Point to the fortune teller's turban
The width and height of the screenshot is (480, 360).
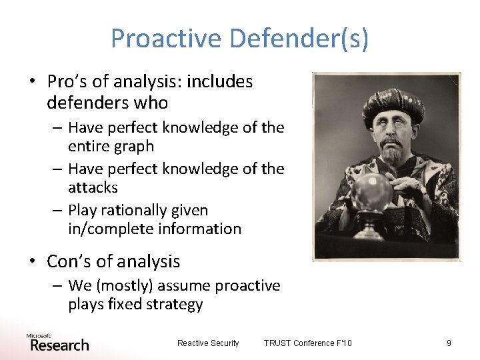pyautogui.click(x=393, y=105)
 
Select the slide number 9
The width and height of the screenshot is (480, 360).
pyautogui.click(x=449, y=343)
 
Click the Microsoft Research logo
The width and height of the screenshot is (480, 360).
pyautogui.click(x=57, y=343)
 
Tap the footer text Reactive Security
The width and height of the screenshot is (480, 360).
pyautogui.click(x=208, y=343)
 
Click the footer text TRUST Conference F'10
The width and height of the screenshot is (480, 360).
pyautogui.click(x=307, y=343)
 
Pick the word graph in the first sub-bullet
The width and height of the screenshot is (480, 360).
pyautogui.click(x=131, y=146)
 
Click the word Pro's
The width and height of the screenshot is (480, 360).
pyautogui.click(x=69, y=81)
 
